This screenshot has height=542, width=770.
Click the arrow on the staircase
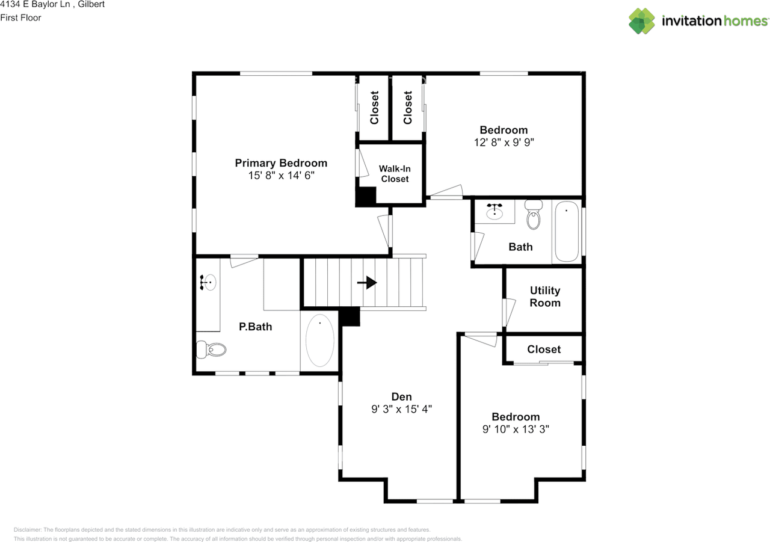point(367,283)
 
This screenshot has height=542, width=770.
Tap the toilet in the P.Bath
point(211,350)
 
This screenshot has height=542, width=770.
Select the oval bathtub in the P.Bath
point(319,340)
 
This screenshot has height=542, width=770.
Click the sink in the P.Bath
point(208,282)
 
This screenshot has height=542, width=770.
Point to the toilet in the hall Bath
point(533,215)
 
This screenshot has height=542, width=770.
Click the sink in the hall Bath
point(494,211)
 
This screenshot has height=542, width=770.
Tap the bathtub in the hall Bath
point(567,232)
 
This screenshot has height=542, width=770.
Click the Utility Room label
point(545,297)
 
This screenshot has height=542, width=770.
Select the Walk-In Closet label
point(395,174)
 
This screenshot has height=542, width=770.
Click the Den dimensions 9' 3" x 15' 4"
point(401,409)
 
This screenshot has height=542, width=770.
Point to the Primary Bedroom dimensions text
point(281,175)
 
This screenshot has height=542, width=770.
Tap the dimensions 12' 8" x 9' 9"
point(504,143)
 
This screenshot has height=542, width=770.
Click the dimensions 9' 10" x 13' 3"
point(516,429)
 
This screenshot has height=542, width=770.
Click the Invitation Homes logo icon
point(642,21)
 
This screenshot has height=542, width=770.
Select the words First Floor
point(20,17)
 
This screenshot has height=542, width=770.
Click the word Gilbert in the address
point(91,4)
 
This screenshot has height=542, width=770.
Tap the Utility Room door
point(508,312)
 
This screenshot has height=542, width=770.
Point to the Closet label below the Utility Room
point(544,349)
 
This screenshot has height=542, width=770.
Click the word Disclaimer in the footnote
point(28,529)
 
